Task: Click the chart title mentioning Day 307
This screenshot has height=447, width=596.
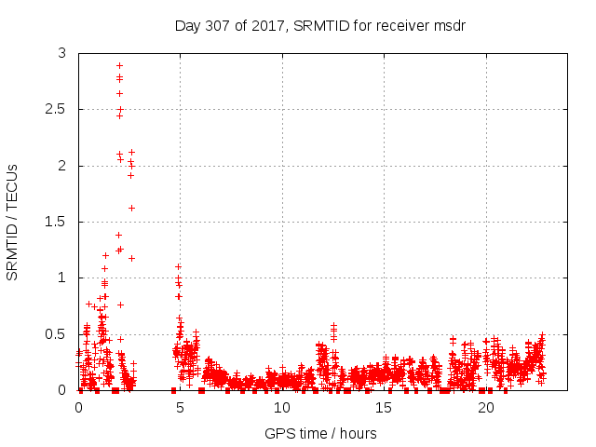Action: click(319, 25)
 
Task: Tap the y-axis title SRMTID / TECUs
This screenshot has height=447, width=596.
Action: click(13, 222)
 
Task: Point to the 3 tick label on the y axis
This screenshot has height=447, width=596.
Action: click(61, 54)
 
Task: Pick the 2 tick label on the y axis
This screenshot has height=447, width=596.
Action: click(61, 166)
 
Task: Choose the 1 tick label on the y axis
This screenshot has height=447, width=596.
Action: click(61, 278)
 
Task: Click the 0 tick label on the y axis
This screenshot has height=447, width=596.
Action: click(61, 390)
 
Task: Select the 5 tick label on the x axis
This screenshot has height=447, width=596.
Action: click(180, 407)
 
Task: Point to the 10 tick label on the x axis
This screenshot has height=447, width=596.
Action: click(281, 407)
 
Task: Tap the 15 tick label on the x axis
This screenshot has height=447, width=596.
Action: click(384, 407)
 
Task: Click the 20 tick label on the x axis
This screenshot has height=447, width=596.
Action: click(485, 407)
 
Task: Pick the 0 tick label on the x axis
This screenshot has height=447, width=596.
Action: click(78, 407)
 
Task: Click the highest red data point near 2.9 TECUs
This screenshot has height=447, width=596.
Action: click(119, 65)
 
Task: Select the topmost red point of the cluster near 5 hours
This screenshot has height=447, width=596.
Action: click(178, 266)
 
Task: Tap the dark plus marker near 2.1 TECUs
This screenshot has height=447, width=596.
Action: click(131, 152)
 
